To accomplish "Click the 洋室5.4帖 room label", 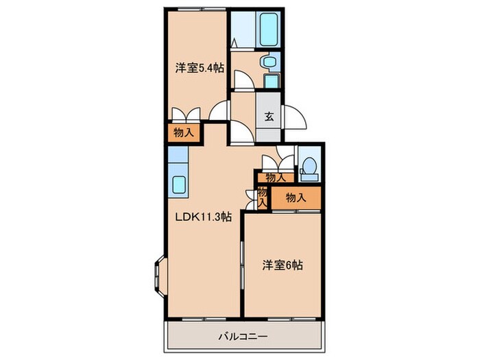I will [x=200, y=67].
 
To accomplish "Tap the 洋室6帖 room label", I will [x=283, y=265].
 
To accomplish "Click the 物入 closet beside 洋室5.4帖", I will [x=184, y=132].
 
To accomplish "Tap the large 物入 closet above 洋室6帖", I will [x=296, y=197].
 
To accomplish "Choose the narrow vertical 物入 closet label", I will [x=261, y=197].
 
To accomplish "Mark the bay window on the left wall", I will [x=159, y=275].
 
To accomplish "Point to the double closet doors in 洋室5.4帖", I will [x=185, y=114].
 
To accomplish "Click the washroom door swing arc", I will [x=243, y=81].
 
